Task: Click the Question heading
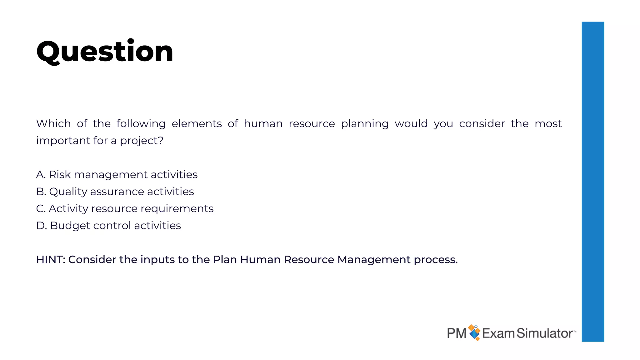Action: tap(105, 52)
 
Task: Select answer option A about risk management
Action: tap(117, 175)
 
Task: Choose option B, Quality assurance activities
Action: tap(115, 192)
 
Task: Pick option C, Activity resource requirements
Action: tap(125, 208)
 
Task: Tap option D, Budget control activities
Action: tap(108, 226)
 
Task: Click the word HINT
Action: tap(50, 260)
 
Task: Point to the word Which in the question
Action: tap(53, 124)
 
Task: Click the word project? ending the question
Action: tap(142, 141)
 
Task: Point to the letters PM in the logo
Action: tap(457, 333)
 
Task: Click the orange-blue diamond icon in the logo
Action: tap(474, 332)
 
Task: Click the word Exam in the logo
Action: tap(498, 333)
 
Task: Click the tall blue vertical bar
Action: tap(593, 181)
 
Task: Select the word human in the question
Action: tap(263, 124)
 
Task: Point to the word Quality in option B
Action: tap(68, 192)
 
